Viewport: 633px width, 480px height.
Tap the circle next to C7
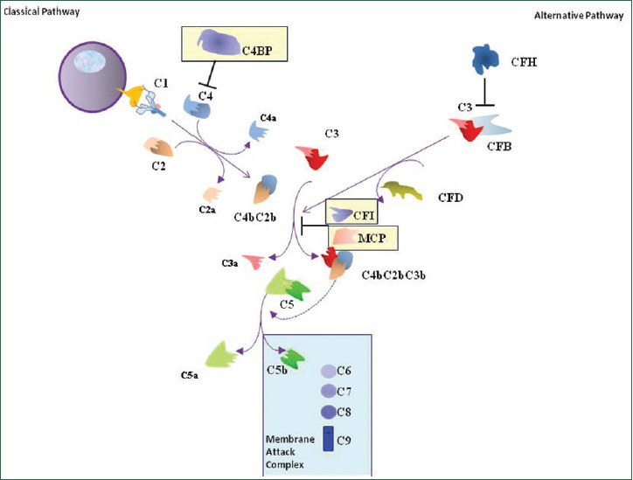(329, 391)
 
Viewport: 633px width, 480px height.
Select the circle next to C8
(329, 411)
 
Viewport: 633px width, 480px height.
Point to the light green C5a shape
(221, 353)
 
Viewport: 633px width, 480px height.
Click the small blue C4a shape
(259, 130)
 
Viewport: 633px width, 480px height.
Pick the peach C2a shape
(211, 193)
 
